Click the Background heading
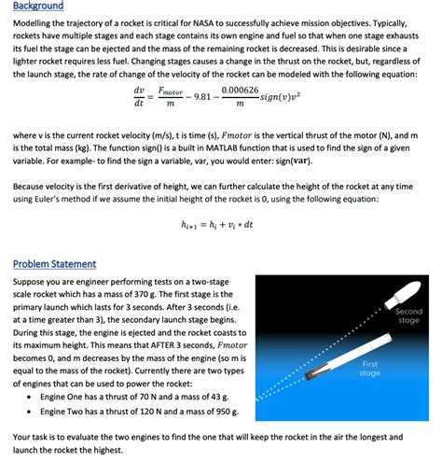[38, 6]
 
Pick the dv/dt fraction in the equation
[139, 96]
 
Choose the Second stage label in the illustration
[408, 315]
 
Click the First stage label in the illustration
[370, 368]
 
